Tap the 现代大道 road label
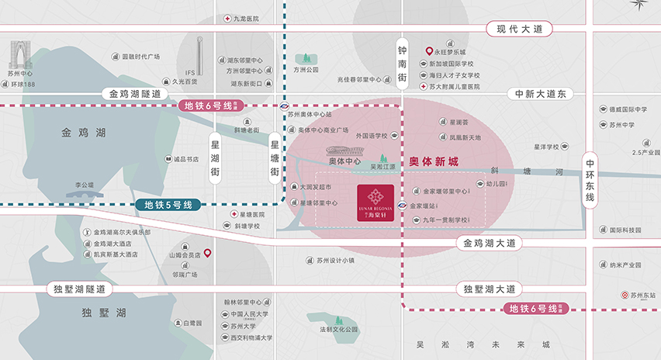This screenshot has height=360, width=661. point(519,29)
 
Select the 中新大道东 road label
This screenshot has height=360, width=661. point(541,93)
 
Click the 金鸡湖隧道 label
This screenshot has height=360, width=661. point(135,93)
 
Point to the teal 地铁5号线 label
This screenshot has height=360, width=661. point(168,206)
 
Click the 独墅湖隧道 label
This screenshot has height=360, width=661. point(79,289)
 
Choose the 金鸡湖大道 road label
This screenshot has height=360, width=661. point(489,244)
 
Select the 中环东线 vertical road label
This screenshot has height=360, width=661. point(590,181)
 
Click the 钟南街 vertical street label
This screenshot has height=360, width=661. point(403,61)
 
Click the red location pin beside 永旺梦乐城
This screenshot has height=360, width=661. point(429,51)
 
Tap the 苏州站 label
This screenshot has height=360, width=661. point(643,296)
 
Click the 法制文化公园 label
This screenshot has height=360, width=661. point(338,330)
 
